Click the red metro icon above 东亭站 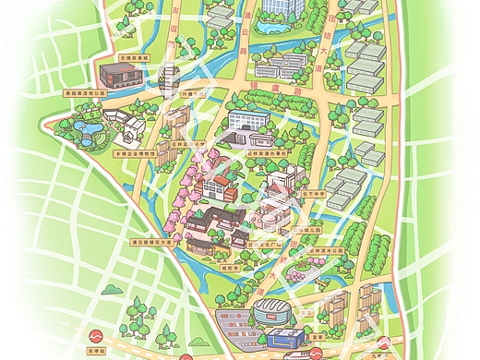[94, 336]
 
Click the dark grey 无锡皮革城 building [118, 73]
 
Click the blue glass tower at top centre [282, 7]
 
